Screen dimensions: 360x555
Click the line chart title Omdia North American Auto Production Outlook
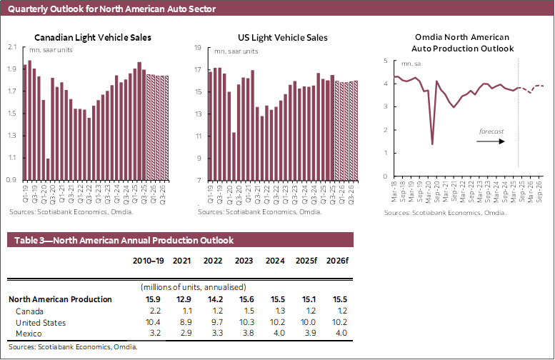tap(463, 42)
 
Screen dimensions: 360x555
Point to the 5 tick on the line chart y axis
tap(385, 61)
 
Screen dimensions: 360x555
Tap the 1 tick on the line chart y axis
tap(385, 153)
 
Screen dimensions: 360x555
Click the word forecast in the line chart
tap(491, 131)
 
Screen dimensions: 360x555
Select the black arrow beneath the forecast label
tap(491, 141)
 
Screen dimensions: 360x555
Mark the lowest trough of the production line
tap(432, 144)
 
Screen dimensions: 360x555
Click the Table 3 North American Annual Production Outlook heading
tap(121, 241)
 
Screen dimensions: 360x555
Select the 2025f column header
tap(309, 261)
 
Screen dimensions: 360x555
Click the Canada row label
tap(29, 311)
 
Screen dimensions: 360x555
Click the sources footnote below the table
tap(73, 346)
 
